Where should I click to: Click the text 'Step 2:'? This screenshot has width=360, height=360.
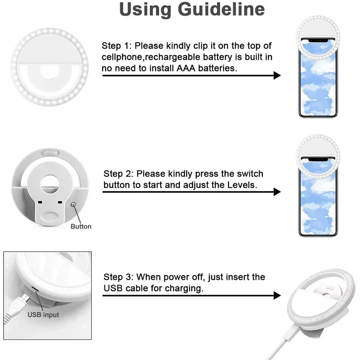pyautogui.click(x=118, y=174)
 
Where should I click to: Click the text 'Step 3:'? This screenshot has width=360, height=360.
pyautogui.click(x=118, y=277)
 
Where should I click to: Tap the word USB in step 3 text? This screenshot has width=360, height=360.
pyautogui.click(x=112, y=288)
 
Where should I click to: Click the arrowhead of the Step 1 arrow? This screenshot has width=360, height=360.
pyautogui.click(x=276, y=76)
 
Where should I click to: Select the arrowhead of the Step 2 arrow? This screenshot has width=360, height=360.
pyautogui.click(x=276, y=192)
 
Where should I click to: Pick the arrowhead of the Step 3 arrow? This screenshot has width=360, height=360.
pyautogui.click(x=276, y=296)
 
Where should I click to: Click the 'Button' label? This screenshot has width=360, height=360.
pyautogui.click(x=81, y=226)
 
